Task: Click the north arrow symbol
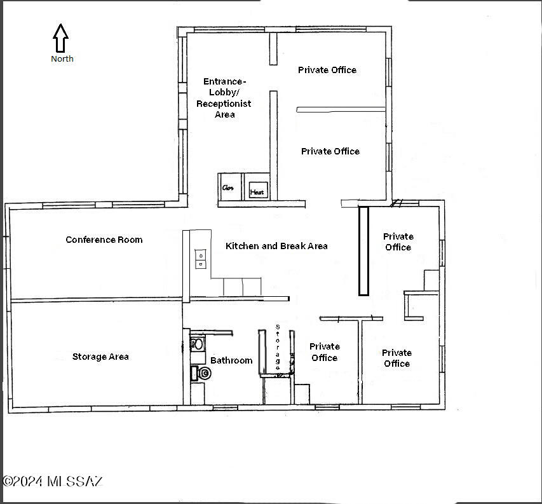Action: (60, 38)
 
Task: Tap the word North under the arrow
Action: (62, 58)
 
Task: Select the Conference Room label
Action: (104, 240)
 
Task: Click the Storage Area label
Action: (100, 357)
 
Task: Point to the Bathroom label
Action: (231, 360)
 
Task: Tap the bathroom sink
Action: (198, 344)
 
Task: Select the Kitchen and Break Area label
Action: (276, 246)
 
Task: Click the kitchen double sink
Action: (201, 259)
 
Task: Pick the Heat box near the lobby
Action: (258, 190)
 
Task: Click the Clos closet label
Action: (227, 187)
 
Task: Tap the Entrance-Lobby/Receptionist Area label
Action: (224, 98)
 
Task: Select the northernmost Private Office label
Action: (327, 70)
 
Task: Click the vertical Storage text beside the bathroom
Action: (278, 348)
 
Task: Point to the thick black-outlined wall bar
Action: (363, 251)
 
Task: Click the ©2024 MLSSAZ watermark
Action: (53, 481)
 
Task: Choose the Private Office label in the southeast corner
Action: (397, 358)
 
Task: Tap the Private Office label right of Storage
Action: (325, 352)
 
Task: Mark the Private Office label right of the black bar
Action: (398, 242)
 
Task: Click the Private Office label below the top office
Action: (330, 151)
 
